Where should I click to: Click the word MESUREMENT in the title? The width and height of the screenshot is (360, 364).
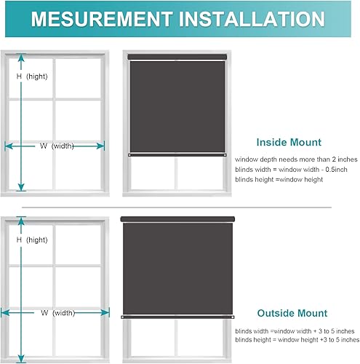coord(107,19)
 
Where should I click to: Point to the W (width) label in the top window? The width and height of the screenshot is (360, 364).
coord(57,146)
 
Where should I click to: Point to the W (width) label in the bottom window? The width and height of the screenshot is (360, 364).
coord(57,313)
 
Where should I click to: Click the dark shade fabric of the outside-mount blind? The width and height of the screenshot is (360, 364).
coord(177,266)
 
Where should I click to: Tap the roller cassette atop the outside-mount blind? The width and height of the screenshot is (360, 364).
coord(177,218)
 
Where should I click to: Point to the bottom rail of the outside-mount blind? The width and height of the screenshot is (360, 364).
coord(177,317)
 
